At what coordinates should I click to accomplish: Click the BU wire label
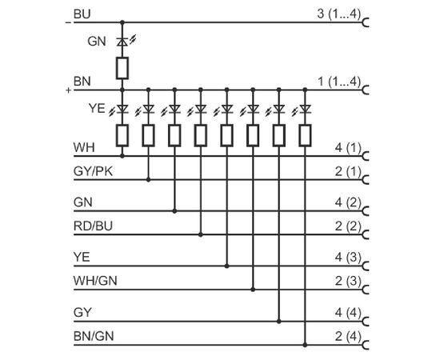[x=82, y=14]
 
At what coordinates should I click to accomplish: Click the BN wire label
[x=82, y=82]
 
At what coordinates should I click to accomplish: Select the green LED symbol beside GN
[x=122, y=42]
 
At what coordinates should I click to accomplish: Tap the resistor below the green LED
[x=122, y=68]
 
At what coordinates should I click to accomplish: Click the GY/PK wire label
[x=93, y=171]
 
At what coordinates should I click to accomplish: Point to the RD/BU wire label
[x=93, y=226]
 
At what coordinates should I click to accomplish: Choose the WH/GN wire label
[x=95, y=281]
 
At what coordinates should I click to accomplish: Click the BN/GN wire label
[x=94, y=336]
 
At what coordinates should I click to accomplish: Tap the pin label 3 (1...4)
[x=338, y=14]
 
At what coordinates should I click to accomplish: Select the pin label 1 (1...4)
[x=338, y=82]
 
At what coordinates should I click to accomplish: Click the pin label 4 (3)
[x=348, y=258]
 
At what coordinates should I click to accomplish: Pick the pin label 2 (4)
[x=348, y=336]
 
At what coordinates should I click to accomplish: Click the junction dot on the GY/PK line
[x=149, y=179]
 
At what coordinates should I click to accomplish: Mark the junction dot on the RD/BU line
[x=200, y=234]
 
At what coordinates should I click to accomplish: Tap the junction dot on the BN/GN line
[x=305, y=345]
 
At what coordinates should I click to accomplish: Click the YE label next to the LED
[x=97, y=108]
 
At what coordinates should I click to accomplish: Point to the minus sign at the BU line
[x=68, y=22]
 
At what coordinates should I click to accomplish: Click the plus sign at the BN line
[x=68, y=90]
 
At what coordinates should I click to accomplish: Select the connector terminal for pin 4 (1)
[x=365, y=156]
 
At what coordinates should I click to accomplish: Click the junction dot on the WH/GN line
[x=253, y=290]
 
